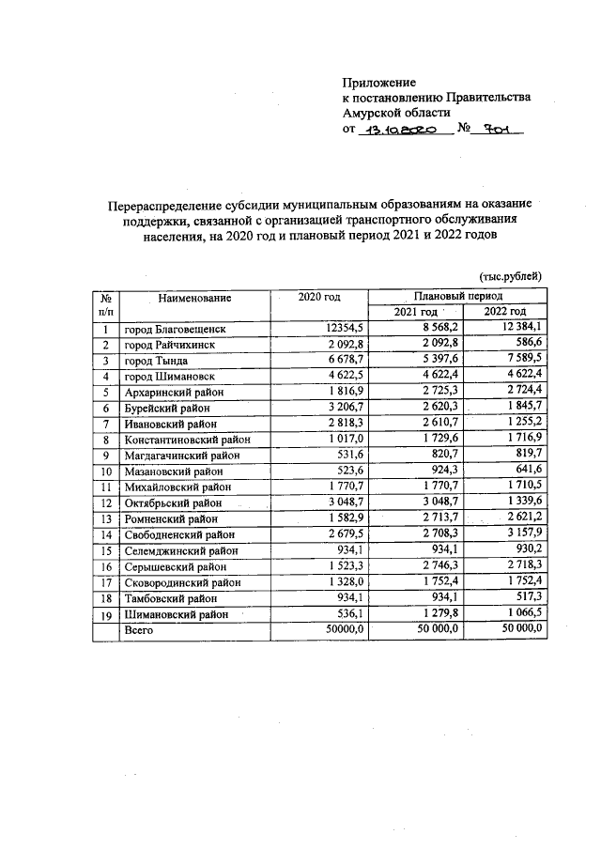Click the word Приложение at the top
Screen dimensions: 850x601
tap(378, 82)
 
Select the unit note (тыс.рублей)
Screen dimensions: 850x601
tap(511, 276)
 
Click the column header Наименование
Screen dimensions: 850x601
tap(194, 298)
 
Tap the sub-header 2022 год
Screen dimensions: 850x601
tap(504, 312)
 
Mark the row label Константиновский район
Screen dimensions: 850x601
tap(190, 439)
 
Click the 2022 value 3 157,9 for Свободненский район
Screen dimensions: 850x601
tap(523, 533)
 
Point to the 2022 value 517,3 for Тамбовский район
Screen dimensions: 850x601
tap(530, 596)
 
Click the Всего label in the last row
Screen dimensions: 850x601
tap(138, 629)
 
